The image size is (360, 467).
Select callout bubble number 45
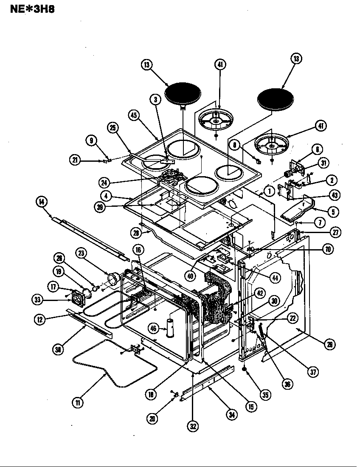(134, 115)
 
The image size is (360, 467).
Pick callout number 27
(336, 233)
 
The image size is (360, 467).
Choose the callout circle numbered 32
(193, 427)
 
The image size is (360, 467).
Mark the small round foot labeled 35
(245, 369)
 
